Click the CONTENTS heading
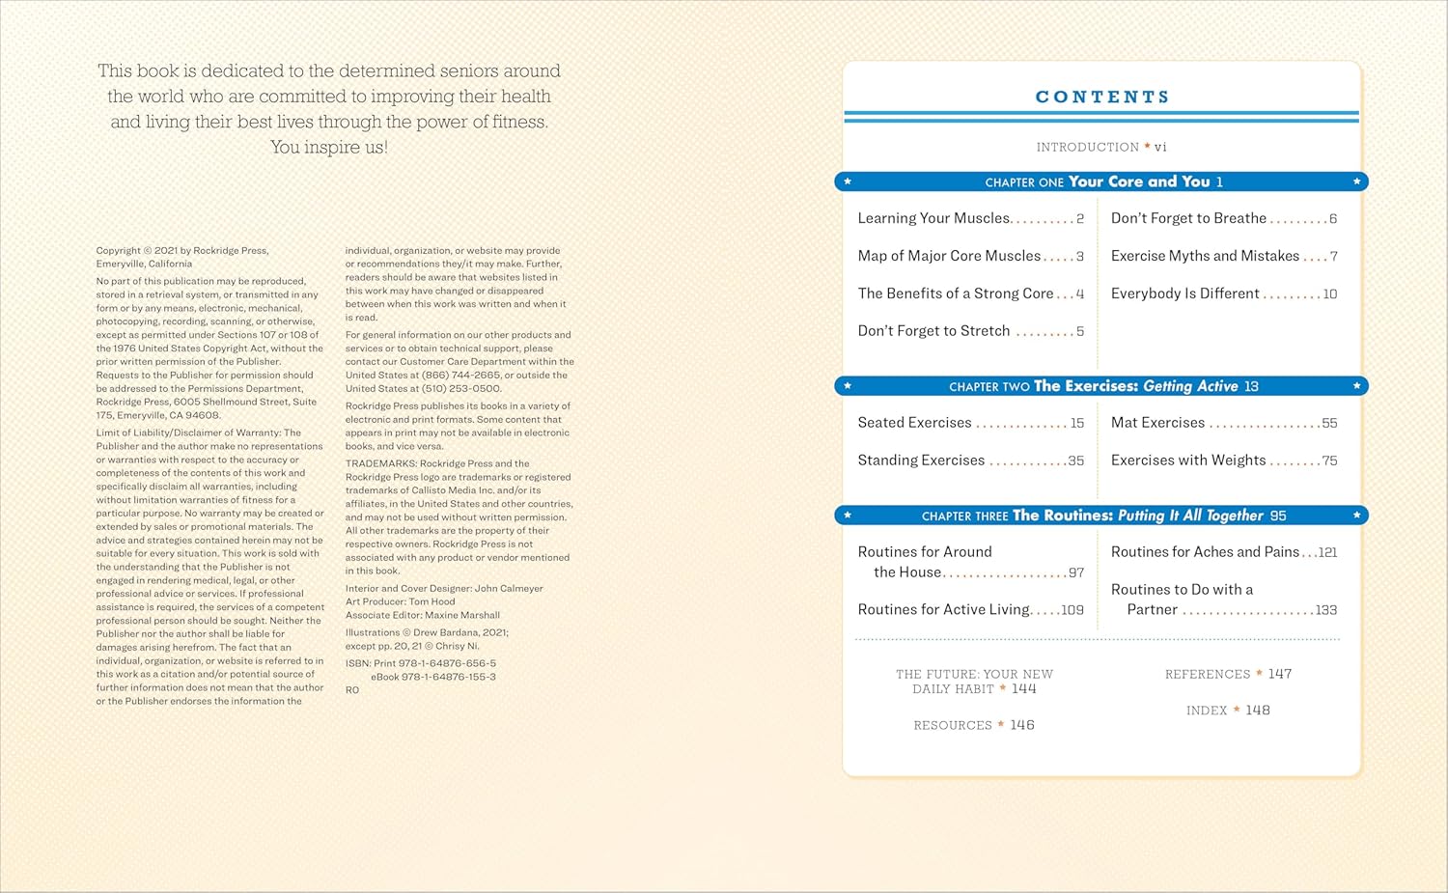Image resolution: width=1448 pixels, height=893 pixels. click(1101, 97)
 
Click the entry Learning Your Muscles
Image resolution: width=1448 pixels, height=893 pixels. click(933, 218)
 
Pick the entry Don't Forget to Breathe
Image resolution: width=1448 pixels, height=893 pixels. click(1188, 218)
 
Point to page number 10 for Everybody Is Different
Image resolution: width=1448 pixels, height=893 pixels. click(1329, 294)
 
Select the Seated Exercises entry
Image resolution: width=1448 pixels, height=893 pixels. click(914, 423)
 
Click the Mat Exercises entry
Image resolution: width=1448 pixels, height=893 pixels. click(1157, 423)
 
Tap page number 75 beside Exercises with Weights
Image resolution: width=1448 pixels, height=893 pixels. click(1329, 461)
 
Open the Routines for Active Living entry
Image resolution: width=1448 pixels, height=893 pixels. click(943, 609)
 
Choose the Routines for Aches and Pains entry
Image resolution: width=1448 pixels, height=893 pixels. click(1205, 552)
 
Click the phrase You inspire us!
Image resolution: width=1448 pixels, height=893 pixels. click(328, 147)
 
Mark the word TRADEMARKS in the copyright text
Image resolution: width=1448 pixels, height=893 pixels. click(380, 463)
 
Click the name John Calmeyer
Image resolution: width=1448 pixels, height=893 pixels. click(509, 588)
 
